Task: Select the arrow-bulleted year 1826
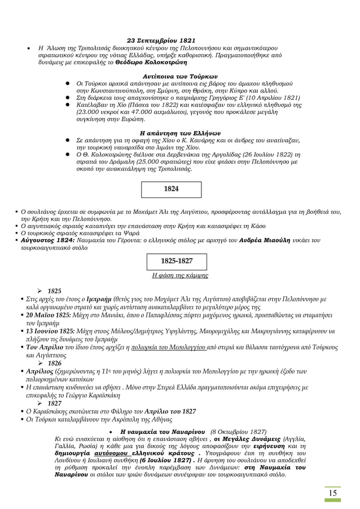click(x=54, y=363)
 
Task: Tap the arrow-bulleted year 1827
click(x=54, y=403)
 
